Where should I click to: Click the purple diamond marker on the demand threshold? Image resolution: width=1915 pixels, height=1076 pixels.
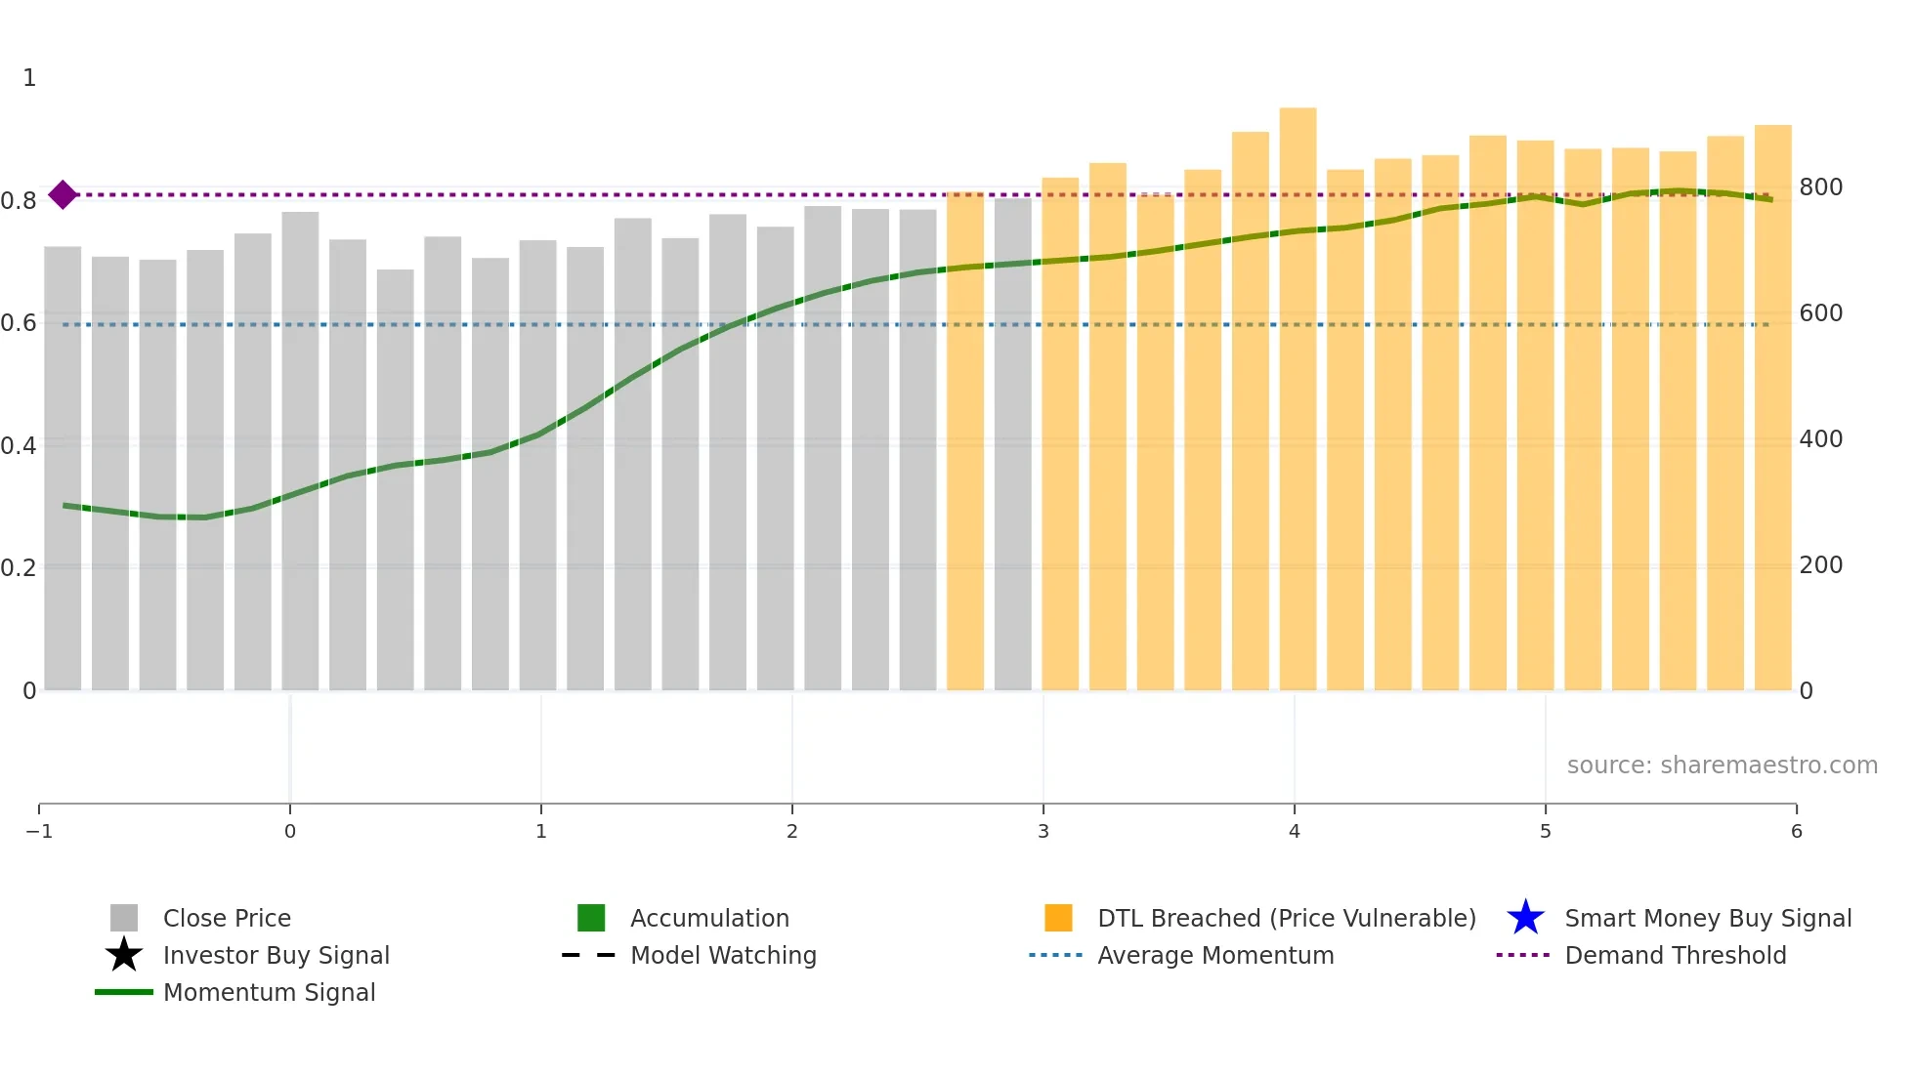(63, 195)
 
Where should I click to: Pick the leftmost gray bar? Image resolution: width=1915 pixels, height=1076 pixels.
(63, 469)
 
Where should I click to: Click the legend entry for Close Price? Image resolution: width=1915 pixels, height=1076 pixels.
(227, 919)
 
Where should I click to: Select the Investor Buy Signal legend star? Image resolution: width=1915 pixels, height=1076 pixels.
(124, 955)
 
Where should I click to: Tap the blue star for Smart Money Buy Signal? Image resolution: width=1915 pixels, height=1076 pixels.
(1525, 918)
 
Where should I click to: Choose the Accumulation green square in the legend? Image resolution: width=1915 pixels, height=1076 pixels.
(591, 918)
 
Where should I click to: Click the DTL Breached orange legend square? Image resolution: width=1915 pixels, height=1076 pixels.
(1058, 918)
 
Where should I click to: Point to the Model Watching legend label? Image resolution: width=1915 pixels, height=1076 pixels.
(723, 956)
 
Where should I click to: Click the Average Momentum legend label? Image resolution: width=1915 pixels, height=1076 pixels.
(1215, 956)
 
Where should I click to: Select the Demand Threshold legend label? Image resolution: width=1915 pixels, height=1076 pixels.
(1675, 956)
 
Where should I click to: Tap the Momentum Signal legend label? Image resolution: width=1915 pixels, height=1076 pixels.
(269, 993)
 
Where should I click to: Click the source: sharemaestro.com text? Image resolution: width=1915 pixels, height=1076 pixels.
(1722, 766)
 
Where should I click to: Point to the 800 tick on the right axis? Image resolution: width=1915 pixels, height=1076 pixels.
(1820, 187)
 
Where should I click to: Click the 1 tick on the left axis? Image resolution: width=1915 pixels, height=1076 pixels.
(29, 78)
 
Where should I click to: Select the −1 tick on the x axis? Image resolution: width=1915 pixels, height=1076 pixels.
(39, 832)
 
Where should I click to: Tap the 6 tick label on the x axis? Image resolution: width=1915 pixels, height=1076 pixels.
(1796, 832)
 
